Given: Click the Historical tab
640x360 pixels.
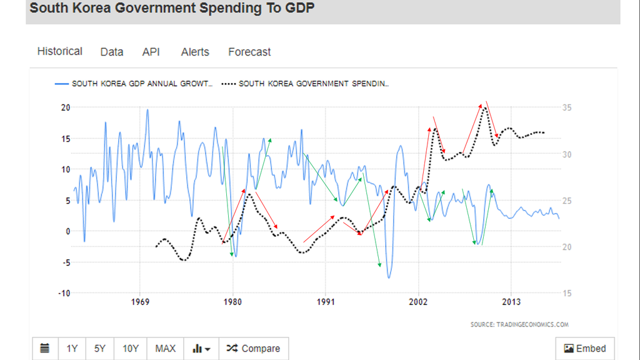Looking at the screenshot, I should pyautogui.click(x=59, y=51).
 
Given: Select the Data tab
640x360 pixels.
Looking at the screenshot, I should pyautogui.click(x=112, y=52).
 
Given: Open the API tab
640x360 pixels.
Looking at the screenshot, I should pyautogui.click(x=151, y=52).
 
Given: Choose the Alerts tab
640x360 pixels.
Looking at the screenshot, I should pyautogui.click(x=195, y=52).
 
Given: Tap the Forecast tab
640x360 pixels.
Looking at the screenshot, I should pyautogui.click(x=249, y=52).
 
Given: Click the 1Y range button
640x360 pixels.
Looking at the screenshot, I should pyautogui.click(x=72, y=348).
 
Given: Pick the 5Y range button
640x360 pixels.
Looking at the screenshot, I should pyautogui.click(x=100, y=348).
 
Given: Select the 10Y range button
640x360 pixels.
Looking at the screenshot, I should pyautogui.click(x=130, y=348).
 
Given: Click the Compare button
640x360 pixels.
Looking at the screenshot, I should pyautogui.click(x=254, y=348).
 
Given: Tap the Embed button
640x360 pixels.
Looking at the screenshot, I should pyautogui.click(x=585, y=348).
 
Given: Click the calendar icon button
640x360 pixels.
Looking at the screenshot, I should pyautogui.click(x=45, y=348).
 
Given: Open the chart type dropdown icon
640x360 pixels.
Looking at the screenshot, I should pyautogui.click(x=201, y=348).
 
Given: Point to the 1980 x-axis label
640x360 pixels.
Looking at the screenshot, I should pyautogui.click(x=232, y=304).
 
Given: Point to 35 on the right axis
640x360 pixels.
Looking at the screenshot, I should pyautogui.click(x=567, y=107).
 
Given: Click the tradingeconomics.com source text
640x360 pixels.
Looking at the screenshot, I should pyautogui.click(x=519, y=324).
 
